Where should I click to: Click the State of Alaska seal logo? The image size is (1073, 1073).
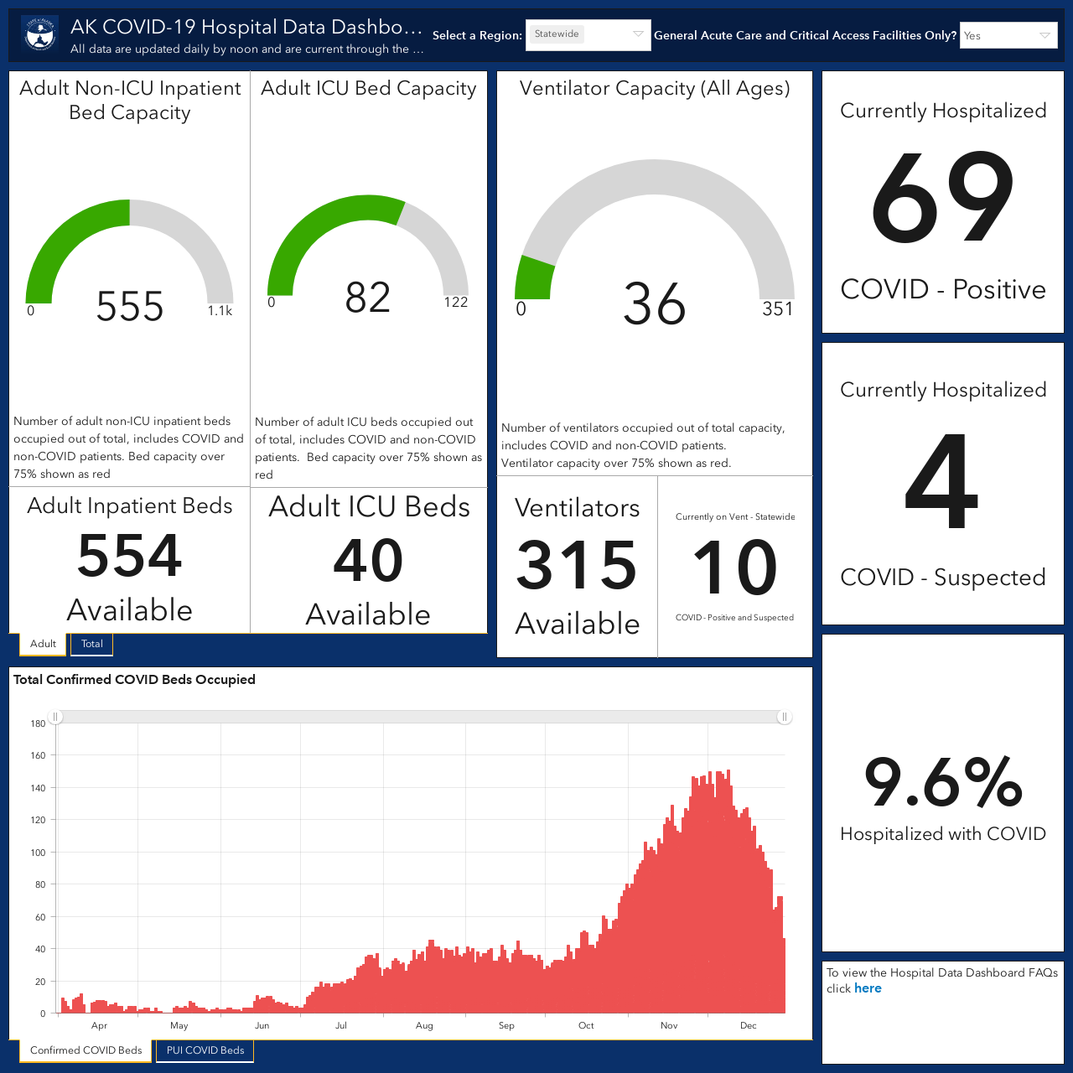[40, 34]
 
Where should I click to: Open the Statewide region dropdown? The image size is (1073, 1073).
[588, 35]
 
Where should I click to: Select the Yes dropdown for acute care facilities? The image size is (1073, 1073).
[1008, 36]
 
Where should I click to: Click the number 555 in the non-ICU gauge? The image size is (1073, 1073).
[130, 306]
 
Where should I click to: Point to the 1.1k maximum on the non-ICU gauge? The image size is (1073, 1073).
[220, 311]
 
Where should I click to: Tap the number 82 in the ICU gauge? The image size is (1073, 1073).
[367, 298]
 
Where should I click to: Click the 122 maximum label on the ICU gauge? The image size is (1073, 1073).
[456, 302]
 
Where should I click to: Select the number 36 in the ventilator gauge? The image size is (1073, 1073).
[654, 303]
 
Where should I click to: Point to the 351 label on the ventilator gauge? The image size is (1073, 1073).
[777, 308]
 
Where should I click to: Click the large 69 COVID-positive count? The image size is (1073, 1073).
[942, 197]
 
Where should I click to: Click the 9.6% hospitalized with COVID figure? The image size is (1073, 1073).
[943, 782]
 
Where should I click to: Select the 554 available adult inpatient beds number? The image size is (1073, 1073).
[130, 555]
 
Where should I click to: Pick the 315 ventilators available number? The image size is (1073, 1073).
[577, 565]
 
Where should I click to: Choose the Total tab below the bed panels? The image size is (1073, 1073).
[92, 644]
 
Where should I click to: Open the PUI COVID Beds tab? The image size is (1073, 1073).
[205, 1050]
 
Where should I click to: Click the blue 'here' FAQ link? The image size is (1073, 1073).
[868, 988]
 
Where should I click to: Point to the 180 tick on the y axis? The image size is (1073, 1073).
[38, 724]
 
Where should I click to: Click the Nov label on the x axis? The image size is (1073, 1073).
[669, 1026]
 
